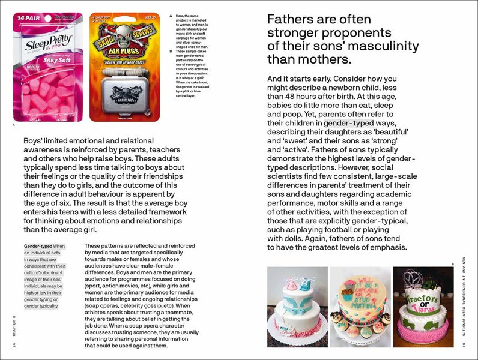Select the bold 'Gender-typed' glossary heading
(x=37, y=246)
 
